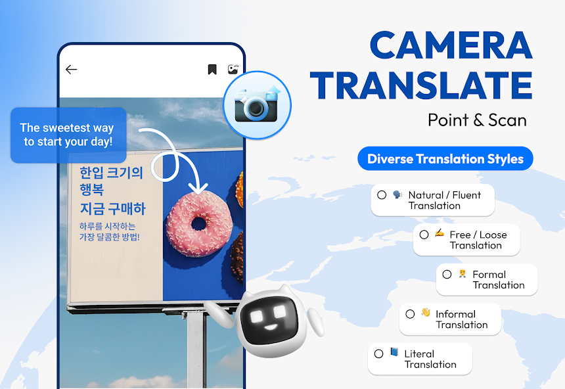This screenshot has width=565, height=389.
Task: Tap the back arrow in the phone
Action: point(72,70)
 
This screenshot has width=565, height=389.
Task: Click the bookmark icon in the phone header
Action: point(212,70)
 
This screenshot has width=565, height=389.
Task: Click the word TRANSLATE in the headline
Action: point(421,86)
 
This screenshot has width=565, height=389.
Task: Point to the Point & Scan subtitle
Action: point(477,120)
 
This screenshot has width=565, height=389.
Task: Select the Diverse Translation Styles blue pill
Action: point(445,159)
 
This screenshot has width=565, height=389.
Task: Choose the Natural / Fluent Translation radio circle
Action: point(382,195)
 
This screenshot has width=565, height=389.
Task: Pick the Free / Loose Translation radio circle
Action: point(424,235)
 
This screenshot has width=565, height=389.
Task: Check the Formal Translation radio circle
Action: point(447,275)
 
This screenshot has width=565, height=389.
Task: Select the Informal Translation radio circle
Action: point(410,314)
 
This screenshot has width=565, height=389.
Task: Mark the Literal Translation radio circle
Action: point(378,354)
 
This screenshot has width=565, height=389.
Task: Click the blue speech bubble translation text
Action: point(67,135)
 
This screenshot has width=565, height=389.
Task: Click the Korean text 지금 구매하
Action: point(112,209)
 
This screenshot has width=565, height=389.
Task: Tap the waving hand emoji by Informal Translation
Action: point(426,313)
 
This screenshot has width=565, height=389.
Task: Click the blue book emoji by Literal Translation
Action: point(394,352)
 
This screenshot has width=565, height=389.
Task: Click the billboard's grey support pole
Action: point(196,348)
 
